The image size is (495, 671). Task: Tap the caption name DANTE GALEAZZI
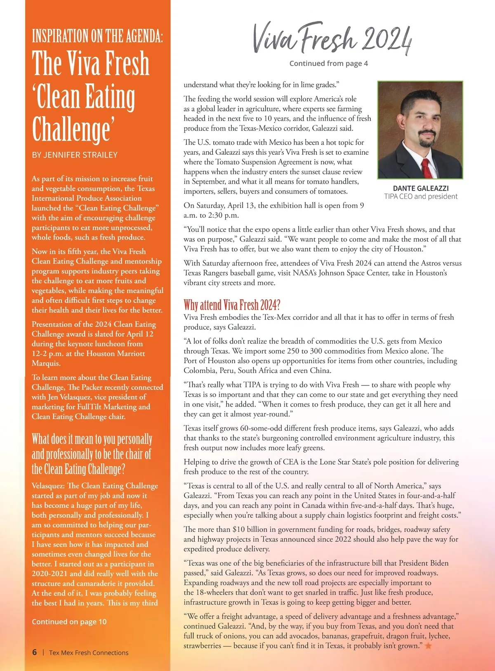pos(421,188)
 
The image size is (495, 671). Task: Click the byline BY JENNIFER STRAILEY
pos(75,155)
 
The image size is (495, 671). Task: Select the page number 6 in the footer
pos(35,652)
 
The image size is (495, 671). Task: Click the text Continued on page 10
pos(69,621)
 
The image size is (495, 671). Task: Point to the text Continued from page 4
pos(328,64)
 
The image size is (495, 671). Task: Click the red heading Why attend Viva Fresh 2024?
pos(232,305)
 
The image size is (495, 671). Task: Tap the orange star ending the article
pos(428,645)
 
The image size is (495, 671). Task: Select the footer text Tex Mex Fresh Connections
pos(89,652)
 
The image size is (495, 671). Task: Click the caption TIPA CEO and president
pos(421,196)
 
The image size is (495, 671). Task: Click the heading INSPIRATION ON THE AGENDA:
pos(97,36)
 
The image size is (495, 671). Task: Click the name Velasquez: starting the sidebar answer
pos(48,486)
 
